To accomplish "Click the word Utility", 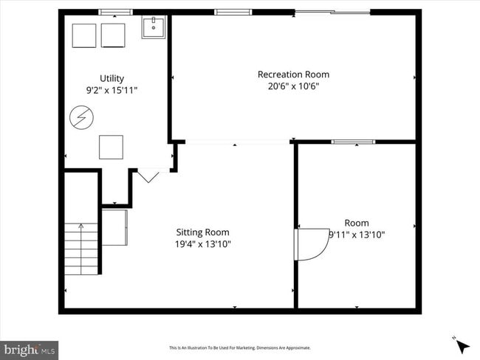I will pos(112,78).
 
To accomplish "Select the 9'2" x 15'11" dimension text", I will pos(112,90).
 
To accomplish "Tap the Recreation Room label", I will pos(293,75).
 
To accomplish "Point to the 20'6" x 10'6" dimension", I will pos(293,86).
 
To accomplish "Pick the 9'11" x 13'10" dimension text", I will pos(357,235).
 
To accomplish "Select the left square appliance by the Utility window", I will pos(84,35).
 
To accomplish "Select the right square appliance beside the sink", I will pos(113,35).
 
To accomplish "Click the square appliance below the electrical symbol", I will pos(112,147).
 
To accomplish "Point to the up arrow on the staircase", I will pos(80,229).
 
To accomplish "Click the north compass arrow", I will pos(462,345).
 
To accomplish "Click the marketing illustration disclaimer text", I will pos(240,347).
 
